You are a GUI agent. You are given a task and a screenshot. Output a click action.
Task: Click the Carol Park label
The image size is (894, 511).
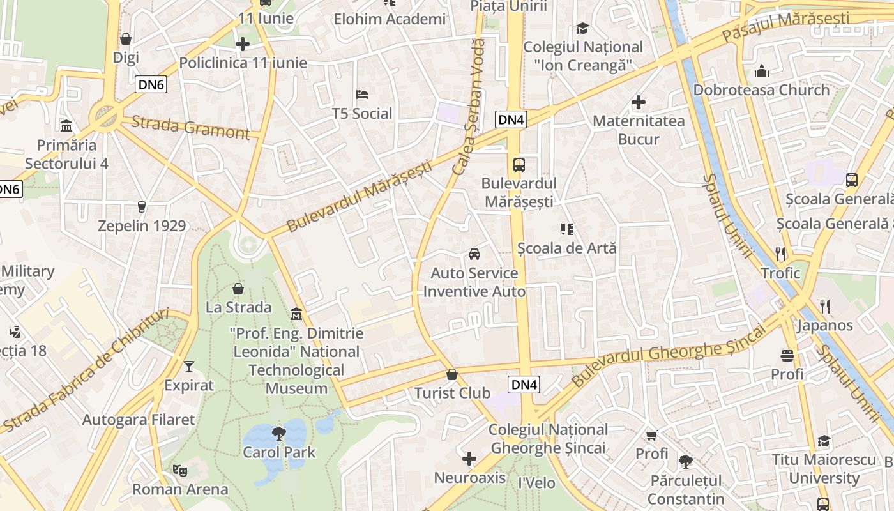279,452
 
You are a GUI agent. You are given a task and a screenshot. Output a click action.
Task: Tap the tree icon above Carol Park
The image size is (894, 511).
279,434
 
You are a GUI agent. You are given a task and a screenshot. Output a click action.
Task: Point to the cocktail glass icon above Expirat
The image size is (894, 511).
189,367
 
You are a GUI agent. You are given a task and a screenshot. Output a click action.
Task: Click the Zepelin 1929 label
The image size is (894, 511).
142,225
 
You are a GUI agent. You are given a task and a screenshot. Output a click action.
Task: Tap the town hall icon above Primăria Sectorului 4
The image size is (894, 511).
66,126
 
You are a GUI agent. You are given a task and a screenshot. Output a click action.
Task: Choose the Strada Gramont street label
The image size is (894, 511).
190,128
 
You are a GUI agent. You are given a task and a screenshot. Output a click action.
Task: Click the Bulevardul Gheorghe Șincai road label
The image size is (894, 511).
667,356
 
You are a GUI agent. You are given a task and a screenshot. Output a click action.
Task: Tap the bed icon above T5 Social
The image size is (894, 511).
362,95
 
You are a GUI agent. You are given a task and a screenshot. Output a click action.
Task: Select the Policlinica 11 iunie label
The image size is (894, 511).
243,63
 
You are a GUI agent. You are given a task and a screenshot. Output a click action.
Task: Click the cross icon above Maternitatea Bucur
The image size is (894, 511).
638,102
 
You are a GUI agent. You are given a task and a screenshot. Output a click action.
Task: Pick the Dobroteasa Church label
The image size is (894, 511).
761,89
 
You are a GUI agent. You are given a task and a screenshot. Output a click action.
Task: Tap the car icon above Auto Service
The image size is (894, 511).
474,254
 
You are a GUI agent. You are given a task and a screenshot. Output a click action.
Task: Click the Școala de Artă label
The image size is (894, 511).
567,247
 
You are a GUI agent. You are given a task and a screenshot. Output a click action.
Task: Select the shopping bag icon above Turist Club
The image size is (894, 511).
452,374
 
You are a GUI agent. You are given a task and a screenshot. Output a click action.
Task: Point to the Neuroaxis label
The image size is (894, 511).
469,478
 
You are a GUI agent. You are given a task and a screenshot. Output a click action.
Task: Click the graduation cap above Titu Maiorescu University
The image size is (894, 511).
824,441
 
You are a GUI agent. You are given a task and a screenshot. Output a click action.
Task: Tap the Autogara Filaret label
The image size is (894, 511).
138,420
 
